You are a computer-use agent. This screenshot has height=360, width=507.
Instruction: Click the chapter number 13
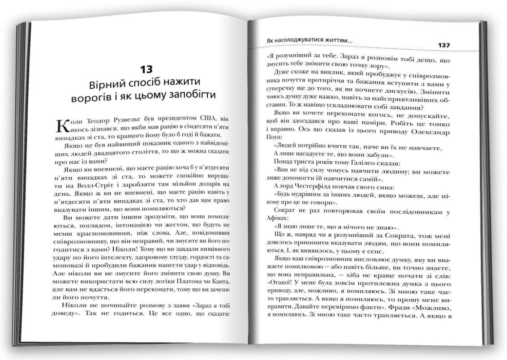(146, 69)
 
